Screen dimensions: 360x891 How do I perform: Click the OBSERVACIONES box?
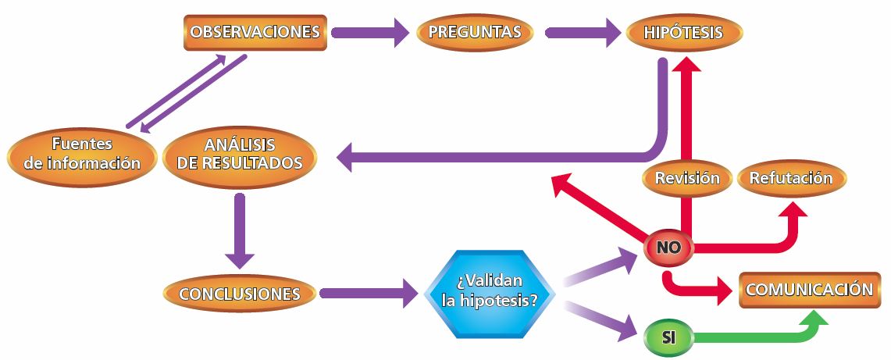click(255, 33)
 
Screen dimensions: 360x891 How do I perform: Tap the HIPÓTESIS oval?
click(684, 33)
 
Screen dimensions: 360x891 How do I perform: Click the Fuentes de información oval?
click(82, 154)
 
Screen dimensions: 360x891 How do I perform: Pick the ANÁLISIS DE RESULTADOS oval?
click(241, 154)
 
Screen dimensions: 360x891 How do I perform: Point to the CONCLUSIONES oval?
click(240, 294)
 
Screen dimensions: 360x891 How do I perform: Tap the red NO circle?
click(669, 248)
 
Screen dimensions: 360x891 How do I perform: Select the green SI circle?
click(668, 338)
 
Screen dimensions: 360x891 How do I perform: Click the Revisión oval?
click(686, 178)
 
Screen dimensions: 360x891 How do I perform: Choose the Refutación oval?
click(791, 178)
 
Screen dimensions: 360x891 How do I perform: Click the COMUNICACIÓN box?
click(808, 290)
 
